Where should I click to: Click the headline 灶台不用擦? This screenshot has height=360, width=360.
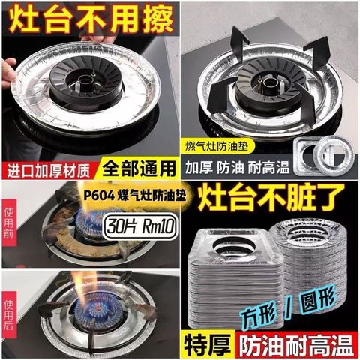(92, 19)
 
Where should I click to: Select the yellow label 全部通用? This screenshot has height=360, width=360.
(139, 169)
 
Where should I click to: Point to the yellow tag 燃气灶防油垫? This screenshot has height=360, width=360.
(217, 146)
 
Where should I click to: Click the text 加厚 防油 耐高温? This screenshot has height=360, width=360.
(237, 167)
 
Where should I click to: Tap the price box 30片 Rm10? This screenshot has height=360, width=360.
(140, 227)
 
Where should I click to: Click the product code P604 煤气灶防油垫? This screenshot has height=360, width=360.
(135, 196)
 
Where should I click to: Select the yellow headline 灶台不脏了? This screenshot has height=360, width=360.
(271, 199)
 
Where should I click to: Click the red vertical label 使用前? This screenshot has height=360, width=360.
(9, 223)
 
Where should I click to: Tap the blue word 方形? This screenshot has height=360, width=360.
(259, 316)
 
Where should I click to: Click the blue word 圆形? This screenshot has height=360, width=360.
(318, 299)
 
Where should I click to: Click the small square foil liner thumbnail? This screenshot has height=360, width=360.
(305, 157)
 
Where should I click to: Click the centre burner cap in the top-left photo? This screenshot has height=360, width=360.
(85, 85)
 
